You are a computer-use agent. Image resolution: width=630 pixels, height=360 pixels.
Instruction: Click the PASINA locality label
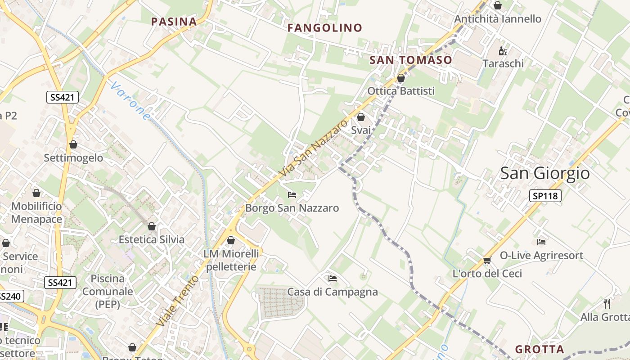[x=174, y=22]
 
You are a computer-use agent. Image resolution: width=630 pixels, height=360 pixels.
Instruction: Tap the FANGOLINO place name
[x=324, y=28]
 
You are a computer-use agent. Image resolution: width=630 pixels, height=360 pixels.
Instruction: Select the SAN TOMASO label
[x=410, y=60]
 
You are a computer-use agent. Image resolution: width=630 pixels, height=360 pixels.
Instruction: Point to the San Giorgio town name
[x=544, y=173]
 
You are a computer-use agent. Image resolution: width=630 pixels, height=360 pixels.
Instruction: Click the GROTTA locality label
[x=539, y=349]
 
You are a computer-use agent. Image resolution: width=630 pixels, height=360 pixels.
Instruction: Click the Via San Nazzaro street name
[x=314, y=148]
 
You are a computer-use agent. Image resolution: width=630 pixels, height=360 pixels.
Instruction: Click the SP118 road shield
[x=545, y=196]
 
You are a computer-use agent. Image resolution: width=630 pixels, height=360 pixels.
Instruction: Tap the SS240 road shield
[x=10, y=297]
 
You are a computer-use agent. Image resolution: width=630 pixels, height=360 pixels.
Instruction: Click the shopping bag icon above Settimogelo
[x=73, y=144]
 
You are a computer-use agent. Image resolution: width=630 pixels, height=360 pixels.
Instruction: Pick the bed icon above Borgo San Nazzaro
[x=292, y=195]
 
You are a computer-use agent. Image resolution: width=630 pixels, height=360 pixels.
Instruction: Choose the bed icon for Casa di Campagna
[x=333, y=279]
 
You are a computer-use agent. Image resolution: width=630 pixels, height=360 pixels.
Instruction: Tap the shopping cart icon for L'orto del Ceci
[x=487, y=260]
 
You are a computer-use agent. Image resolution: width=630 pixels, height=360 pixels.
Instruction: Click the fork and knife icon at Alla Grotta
[x=607, y=303]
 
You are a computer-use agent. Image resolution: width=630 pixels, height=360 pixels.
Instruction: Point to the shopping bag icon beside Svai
[x=360, y=117]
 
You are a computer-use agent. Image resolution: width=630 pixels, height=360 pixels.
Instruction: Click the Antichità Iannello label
[x=498, y=19]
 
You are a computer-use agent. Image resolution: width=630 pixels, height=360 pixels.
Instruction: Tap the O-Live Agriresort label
[x=541, y=256]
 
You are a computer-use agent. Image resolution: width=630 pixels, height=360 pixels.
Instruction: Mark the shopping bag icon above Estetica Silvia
[x=152, y=226]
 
